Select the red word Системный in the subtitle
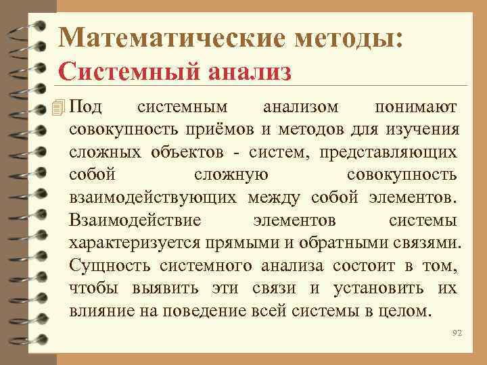(112, 71)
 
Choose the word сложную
(231, 174)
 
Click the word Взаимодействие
(135, 220)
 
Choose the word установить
(379, 289)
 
